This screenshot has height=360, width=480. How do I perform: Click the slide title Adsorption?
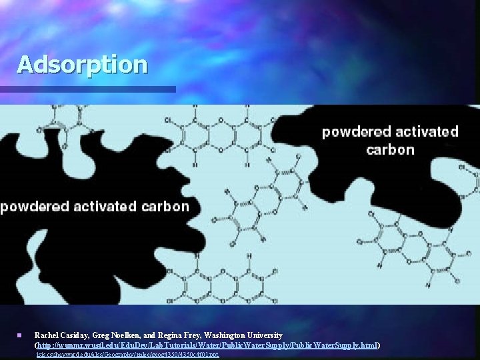click(82, 65)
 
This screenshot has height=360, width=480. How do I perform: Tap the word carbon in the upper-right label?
click(390, 149)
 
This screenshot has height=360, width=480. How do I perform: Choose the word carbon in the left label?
click(166, 207)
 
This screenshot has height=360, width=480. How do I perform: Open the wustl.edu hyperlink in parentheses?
click(207, 345)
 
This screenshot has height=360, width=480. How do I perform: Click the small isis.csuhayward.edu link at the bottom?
click(127, 355)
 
